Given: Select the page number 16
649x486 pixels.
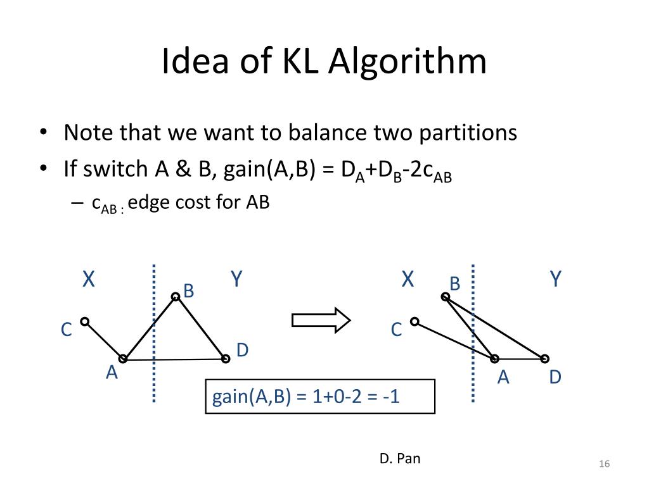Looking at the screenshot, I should point(603,464).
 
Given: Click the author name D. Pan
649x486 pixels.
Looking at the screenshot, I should point(400,458).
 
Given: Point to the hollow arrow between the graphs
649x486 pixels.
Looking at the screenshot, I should point(321,320).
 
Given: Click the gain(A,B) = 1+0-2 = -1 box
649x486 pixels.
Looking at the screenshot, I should point(320,396).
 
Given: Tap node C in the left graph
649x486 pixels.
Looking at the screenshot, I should point(84,321).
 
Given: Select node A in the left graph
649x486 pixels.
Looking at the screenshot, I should point(123,359).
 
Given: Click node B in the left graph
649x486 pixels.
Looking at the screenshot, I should point(176,296).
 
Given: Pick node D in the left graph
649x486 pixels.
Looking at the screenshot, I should point(226,359).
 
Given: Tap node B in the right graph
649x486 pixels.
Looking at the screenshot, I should point(446,296).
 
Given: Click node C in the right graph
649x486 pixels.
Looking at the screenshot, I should point(414,321).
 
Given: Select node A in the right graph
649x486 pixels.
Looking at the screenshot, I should point(494,359).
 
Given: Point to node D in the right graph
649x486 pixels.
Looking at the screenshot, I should point(544,359).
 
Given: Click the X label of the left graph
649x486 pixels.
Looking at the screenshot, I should point(89,279).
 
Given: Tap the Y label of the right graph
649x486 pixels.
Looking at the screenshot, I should point(556,279).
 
